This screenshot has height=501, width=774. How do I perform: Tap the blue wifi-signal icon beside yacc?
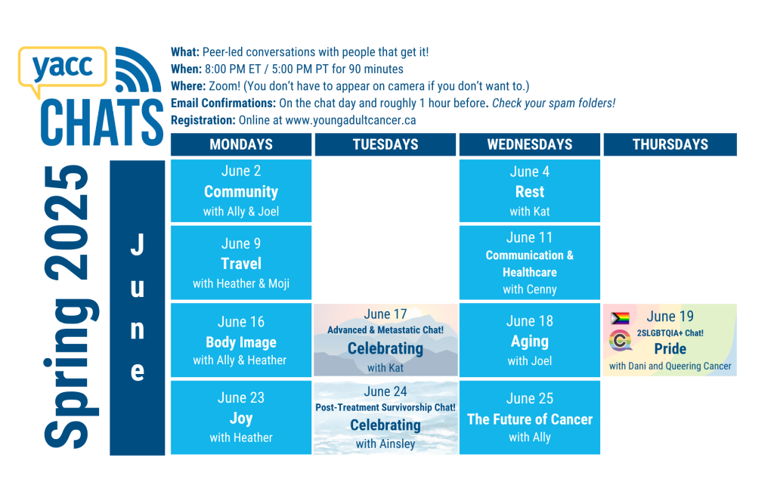[x=138, y=70]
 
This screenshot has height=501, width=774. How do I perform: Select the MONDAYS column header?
[x=241, y=144]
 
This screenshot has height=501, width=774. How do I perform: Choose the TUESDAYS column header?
[x=385, y=144]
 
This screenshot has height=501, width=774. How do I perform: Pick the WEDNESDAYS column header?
[x=530, y=144]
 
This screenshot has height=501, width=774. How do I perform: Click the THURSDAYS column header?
[x=670, y=144]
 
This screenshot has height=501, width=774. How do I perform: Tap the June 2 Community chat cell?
[x=241, y=190]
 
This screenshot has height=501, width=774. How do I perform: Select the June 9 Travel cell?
[x=241, y=263]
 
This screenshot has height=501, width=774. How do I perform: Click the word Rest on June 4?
[x=530, y=191]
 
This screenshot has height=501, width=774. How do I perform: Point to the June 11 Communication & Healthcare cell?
[x=530, y=263]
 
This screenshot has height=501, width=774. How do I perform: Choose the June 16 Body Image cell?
[x=241, y=340]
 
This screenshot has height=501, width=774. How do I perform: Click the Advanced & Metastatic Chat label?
[x=385, y=329]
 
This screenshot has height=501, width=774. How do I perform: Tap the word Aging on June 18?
[x=530, y=342]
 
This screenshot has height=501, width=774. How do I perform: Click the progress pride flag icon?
[x=620, y=318]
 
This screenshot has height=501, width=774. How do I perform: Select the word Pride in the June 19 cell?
[x=670, y=349]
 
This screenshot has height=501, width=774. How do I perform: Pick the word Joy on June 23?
[x=241, y=419]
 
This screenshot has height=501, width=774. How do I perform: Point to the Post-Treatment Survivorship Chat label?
[x=385, y=407]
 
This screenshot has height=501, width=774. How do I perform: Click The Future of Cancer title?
[x=530, y=419]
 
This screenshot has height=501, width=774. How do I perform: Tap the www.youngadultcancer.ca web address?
[x=351, y=120]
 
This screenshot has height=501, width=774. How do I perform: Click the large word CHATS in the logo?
[x=102, y=122]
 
